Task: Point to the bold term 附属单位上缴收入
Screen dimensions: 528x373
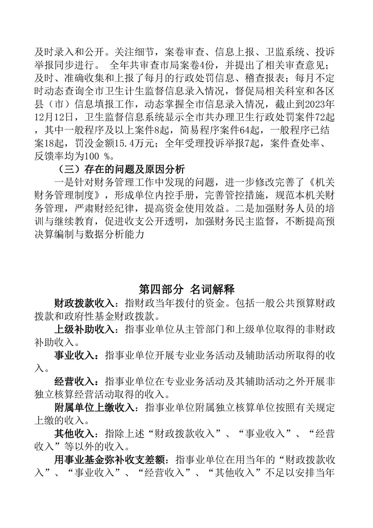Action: (x=94, y=408)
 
